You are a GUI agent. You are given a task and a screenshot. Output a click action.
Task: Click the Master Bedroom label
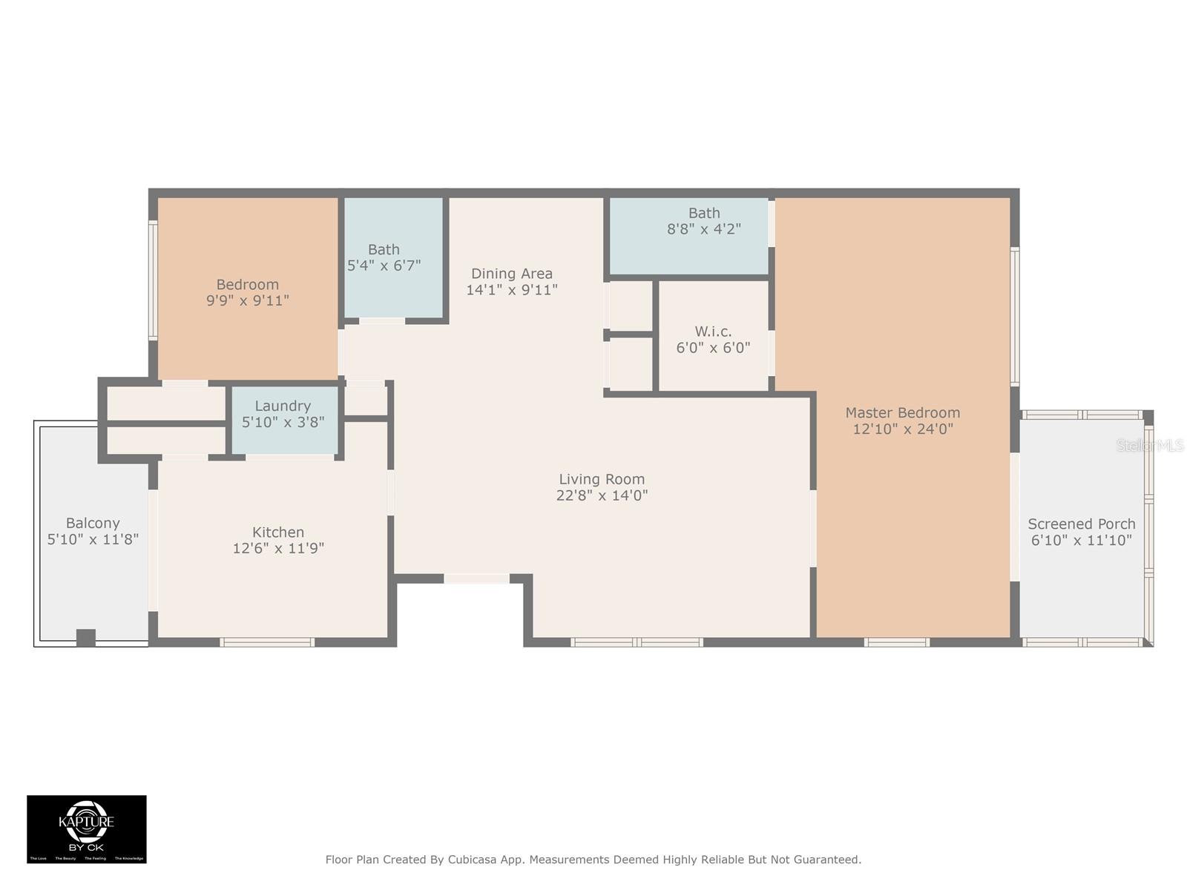click(902, 413)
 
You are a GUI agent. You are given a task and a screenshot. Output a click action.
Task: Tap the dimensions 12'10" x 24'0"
click(902, 429)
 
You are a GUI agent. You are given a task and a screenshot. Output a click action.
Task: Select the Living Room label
click(602, 479)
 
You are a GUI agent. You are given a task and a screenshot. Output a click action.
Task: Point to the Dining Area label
click(512, 274)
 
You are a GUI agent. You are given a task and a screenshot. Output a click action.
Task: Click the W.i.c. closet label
click(713, 332)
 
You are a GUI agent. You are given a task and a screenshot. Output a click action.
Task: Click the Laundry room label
click(283, 406)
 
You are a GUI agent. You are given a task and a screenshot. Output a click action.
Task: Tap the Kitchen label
click(278, 532)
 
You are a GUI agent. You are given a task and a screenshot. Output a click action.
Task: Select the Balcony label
click(93, 523)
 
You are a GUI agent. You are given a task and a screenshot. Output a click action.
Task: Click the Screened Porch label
click(1081, 524)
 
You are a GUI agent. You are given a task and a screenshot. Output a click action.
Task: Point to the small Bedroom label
click(247, 285)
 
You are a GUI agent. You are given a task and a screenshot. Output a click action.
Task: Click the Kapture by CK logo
click(87, 828)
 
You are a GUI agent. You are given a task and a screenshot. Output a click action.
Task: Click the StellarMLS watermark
click(1150, 445)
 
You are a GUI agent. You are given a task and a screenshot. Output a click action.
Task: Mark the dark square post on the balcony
click(86, 637)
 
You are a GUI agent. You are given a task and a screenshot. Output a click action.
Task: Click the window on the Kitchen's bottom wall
click(267, 642)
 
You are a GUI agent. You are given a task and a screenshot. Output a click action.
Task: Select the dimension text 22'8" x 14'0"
click(602, 495)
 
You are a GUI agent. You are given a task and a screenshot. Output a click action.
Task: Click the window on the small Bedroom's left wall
click(153, 281)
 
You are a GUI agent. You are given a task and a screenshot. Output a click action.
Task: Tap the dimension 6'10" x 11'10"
click(1081, 540)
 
